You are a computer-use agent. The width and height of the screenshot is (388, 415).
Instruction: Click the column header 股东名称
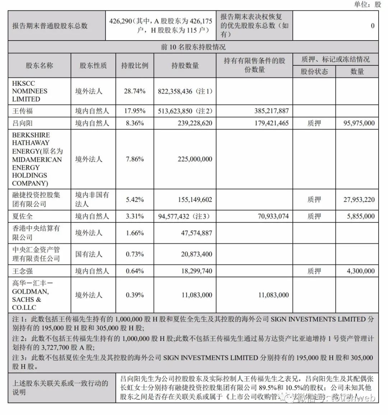39,66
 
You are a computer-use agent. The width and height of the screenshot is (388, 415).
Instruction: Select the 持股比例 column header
134,66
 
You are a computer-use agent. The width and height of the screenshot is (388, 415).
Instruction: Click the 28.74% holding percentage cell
135,91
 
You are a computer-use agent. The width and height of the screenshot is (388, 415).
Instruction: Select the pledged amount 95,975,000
357,123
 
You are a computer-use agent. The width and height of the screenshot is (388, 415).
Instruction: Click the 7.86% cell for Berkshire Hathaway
135,159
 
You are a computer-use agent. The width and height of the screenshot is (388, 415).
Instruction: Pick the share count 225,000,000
195,159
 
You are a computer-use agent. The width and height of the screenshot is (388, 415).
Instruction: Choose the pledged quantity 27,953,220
359,199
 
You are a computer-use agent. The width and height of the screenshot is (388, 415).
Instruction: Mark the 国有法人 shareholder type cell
89,254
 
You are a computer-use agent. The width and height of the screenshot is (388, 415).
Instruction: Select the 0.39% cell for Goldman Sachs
135,295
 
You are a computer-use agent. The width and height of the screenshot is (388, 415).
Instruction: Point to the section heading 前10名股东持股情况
193,47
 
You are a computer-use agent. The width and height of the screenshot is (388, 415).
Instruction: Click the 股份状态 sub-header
314,71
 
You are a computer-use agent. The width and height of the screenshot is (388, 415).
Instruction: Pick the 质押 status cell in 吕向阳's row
314,123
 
